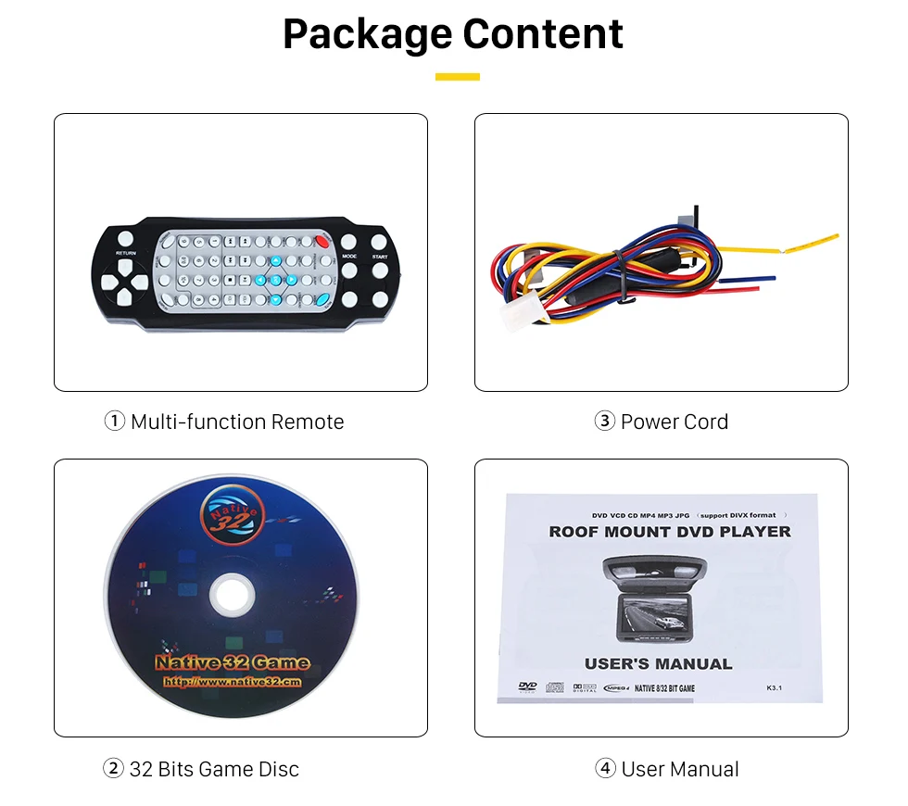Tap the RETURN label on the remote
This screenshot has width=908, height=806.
pos(126,252)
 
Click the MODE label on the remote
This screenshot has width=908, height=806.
pos(349,256)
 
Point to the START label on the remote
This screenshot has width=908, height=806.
pos(380,256)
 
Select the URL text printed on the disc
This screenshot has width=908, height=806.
pos(233,682)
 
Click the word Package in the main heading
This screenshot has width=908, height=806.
pos(368,33)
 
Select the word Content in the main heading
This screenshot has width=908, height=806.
pos(544,33)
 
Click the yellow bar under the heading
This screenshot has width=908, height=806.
pos(457,77)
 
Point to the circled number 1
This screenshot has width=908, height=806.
pos(114,422)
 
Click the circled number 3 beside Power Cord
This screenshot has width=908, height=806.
pos(604,422)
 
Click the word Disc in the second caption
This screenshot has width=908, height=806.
pos(279,769)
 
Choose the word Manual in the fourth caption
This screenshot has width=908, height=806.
pos(707,769)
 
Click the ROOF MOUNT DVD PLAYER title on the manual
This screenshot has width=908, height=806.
pos(670,532)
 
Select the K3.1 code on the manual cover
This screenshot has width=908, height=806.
pos(776,687)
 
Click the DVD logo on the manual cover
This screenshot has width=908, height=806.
pos(527,686)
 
